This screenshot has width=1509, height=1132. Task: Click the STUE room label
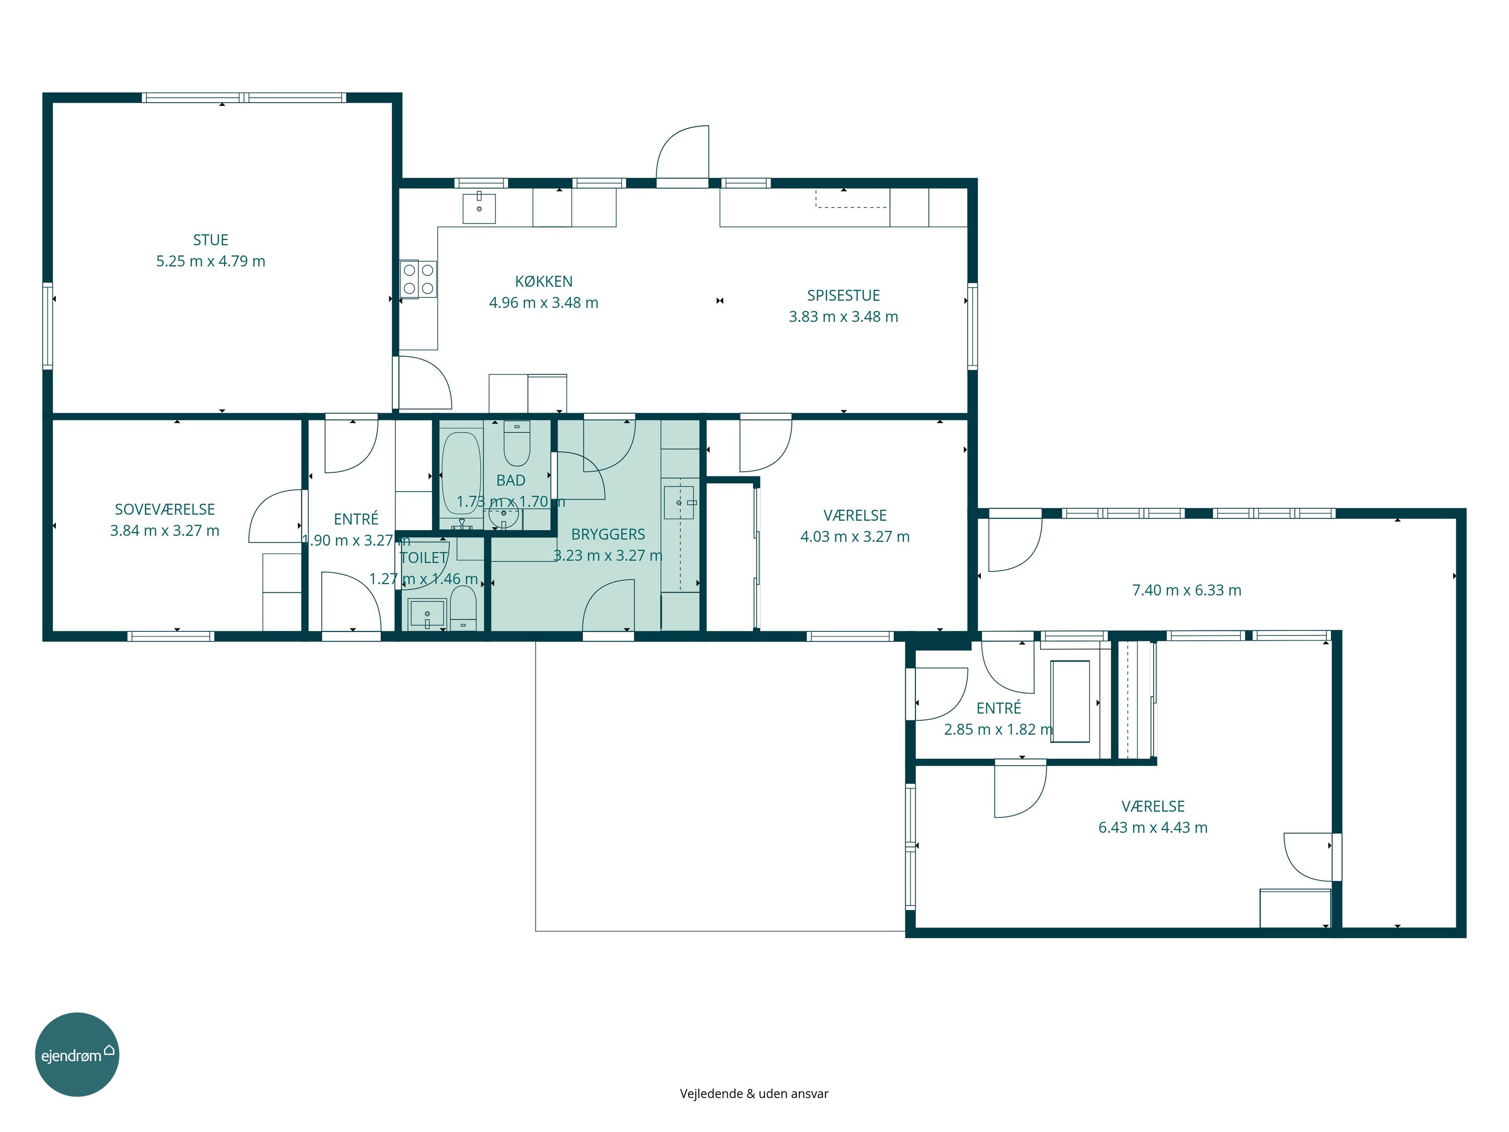point(211,240)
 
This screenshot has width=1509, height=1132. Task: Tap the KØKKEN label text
point(544,281)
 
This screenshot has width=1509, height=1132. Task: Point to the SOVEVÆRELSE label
point(165,509)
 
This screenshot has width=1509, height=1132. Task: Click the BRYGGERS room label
point(608,534)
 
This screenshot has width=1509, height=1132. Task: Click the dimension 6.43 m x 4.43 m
point(1153,828)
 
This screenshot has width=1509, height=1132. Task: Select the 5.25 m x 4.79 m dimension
point(211,261)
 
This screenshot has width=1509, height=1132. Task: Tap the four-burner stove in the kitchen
point(418,279)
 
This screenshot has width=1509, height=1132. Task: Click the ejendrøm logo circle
point(77,1054)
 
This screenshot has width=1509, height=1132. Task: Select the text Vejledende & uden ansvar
point(754,1094)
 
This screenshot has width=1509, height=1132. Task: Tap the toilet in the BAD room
point(517,444)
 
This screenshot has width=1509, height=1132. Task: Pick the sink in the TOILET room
point(427,614)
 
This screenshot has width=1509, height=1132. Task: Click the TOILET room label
point(424,557)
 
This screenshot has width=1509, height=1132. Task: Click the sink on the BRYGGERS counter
point(680,503)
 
